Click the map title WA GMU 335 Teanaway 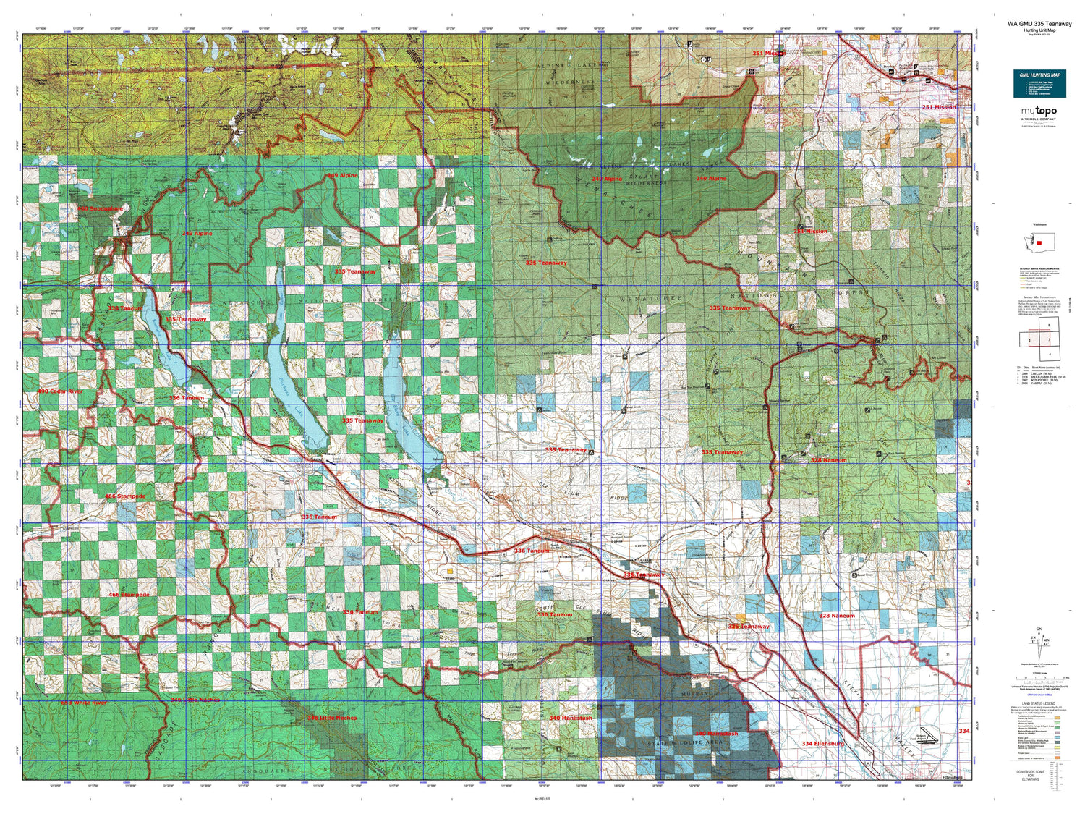click(x=1039, y=24)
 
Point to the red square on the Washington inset click(x=1040, y=243)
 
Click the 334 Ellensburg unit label click(x=822, y=743)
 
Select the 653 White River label click(x=83, y=703)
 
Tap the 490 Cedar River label click(x=60, y=391)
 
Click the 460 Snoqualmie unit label click(x=100, y=208)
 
